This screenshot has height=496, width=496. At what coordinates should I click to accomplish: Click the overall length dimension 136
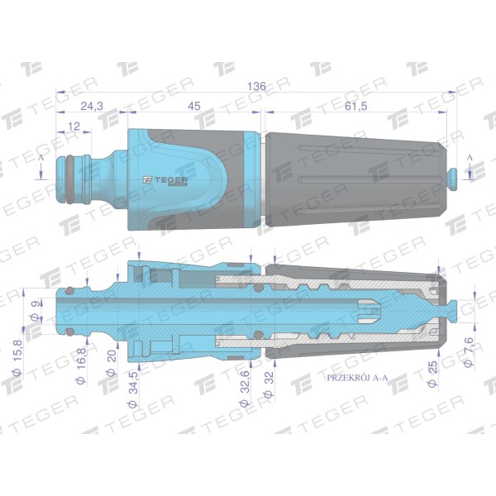point(256,86)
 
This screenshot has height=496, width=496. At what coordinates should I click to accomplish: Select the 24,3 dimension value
point(92,106)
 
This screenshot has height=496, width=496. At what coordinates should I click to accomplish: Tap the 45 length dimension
point(194,106)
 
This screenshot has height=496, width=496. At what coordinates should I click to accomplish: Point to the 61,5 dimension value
point(355,106)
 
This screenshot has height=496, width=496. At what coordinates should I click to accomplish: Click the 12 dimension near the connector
point(74,126)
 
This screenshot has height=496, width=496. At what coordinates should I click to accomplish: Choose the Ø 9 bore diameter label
point(36,312)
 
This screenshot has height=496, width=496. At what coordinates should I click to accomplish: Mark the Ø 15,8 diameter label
point(17,357)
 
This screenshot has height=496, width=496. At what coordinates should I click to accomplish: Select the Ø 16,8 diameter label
point(81,365)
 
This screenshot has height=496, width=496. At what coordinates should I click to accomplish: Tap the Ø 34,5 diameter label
point(133,389)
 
